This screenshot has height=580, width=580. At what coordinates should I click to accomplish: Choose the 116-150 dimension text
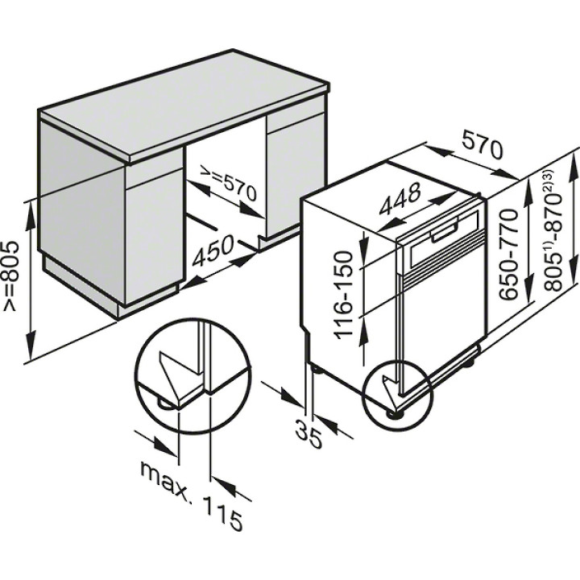pos(344,295)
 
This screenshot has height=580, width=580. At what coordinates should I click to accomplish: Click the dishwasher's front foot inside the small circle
pos(395,412)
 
